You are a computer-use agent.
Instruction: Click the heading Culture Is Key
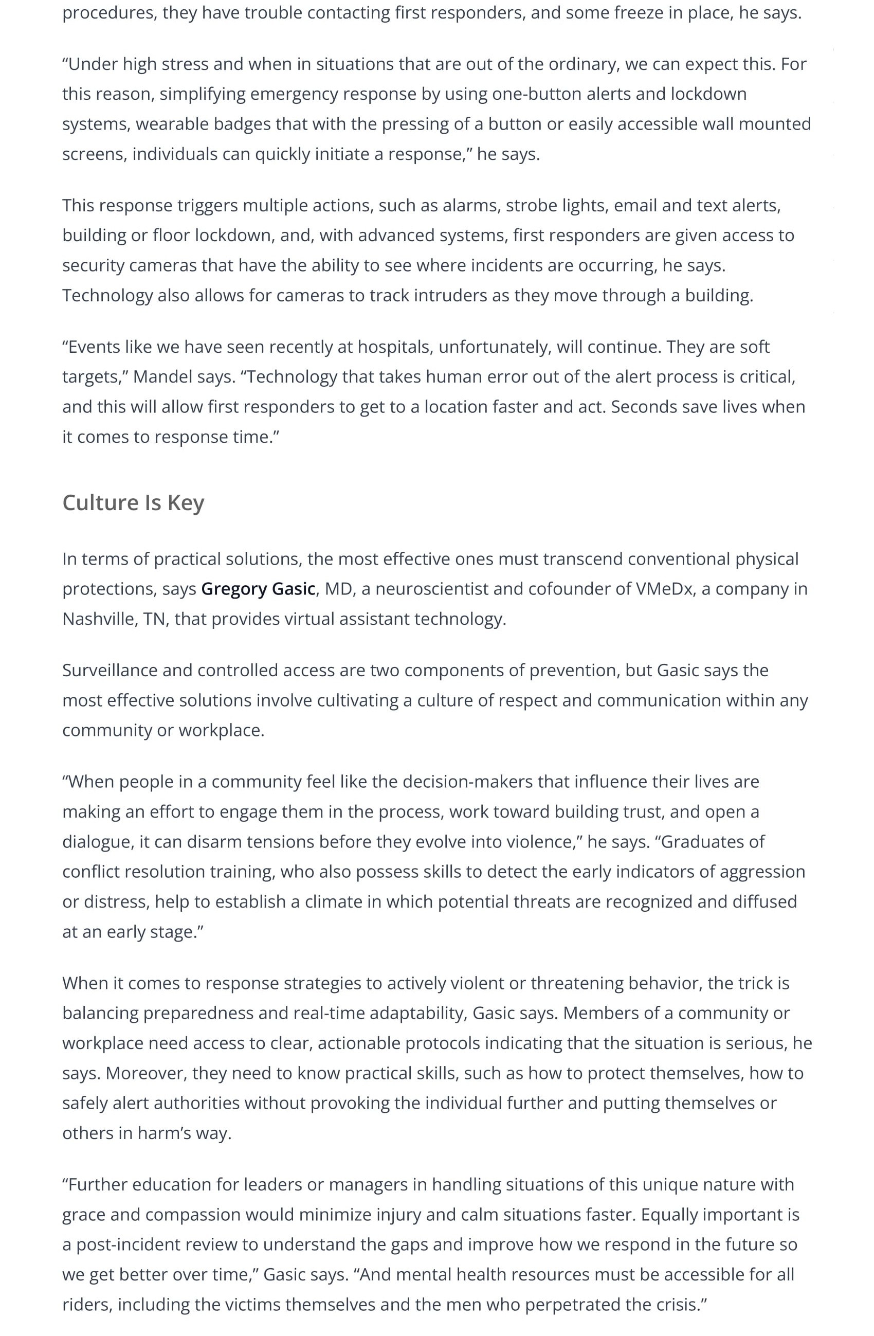point(133,502)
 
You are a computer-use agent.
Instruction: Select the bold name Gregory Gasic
point(258,588)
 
